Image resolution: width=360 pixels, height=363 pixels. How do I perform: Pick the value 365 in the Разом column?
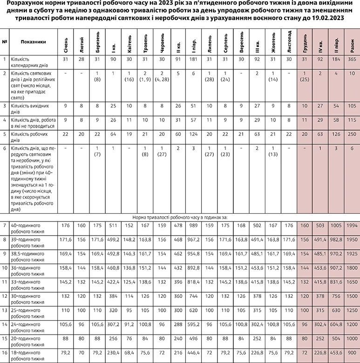click(352, 59)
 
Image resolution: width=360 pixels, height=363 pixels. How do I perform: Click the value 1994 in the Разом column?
click(352, 225)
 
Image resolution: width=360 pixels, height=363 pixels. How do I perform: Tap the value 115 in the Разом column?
click(352, 120)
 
